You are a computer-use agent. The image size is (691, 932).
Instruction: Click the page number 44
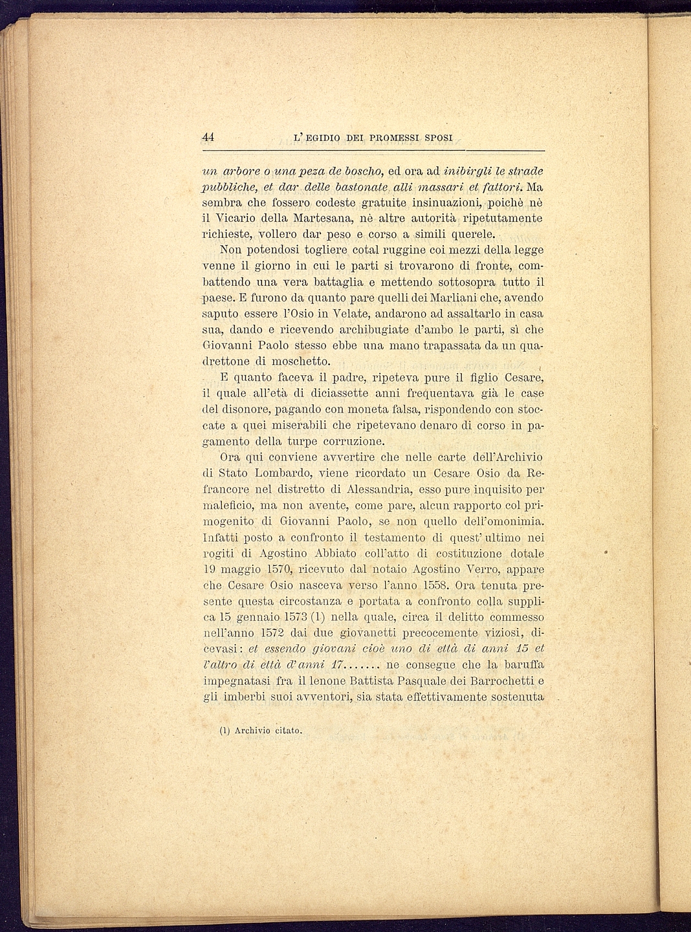[x=208, y=137]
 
